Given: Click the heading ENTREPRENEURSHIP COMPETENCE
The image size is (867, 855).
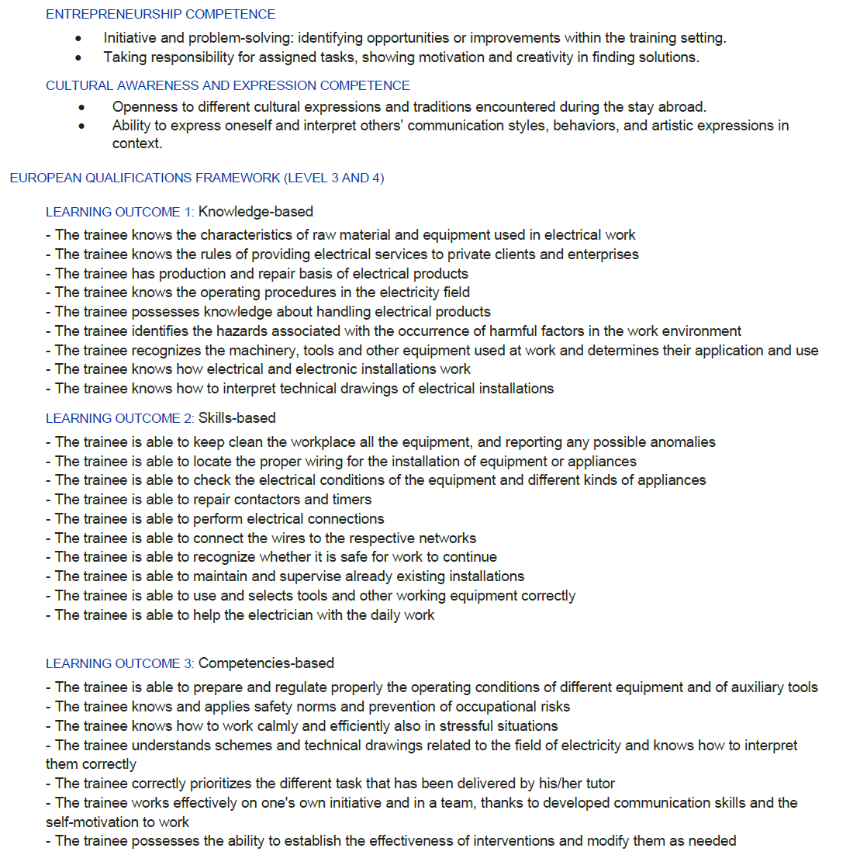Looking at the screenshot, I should coord(161,14).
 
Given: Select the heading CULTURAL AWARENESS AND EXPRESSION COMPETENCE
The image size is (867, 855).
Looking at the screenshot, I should coord(227,85).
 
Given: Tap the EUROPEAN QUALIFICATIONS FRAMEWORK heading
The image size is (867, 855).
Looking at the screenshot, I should coord(196,178).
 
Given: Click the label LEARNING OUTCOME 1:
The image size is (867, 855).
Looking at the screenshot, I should coord(119,212).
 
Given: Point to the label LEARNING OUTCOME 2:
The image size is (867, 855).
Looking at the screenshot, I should coord(119,418).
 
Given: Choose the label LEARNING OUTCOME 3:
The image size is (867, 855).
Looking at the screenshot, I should coord(119,663).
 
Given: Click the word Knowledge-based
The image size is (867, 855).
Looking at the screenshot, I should coord(256,212).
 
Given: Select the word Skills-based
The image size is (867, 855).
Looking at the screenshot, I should coord(237,418).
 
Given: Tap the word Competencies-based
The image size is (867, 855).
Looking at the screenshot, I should coord(266,663).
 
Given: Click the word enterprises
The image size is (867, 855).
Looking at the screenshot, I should coord(601,254).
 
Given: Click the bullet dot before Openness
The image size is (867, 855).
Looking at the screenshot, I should coord(82,107).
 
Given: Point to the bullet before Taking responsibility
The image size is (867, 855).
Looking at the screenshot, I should coord(78,57).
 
